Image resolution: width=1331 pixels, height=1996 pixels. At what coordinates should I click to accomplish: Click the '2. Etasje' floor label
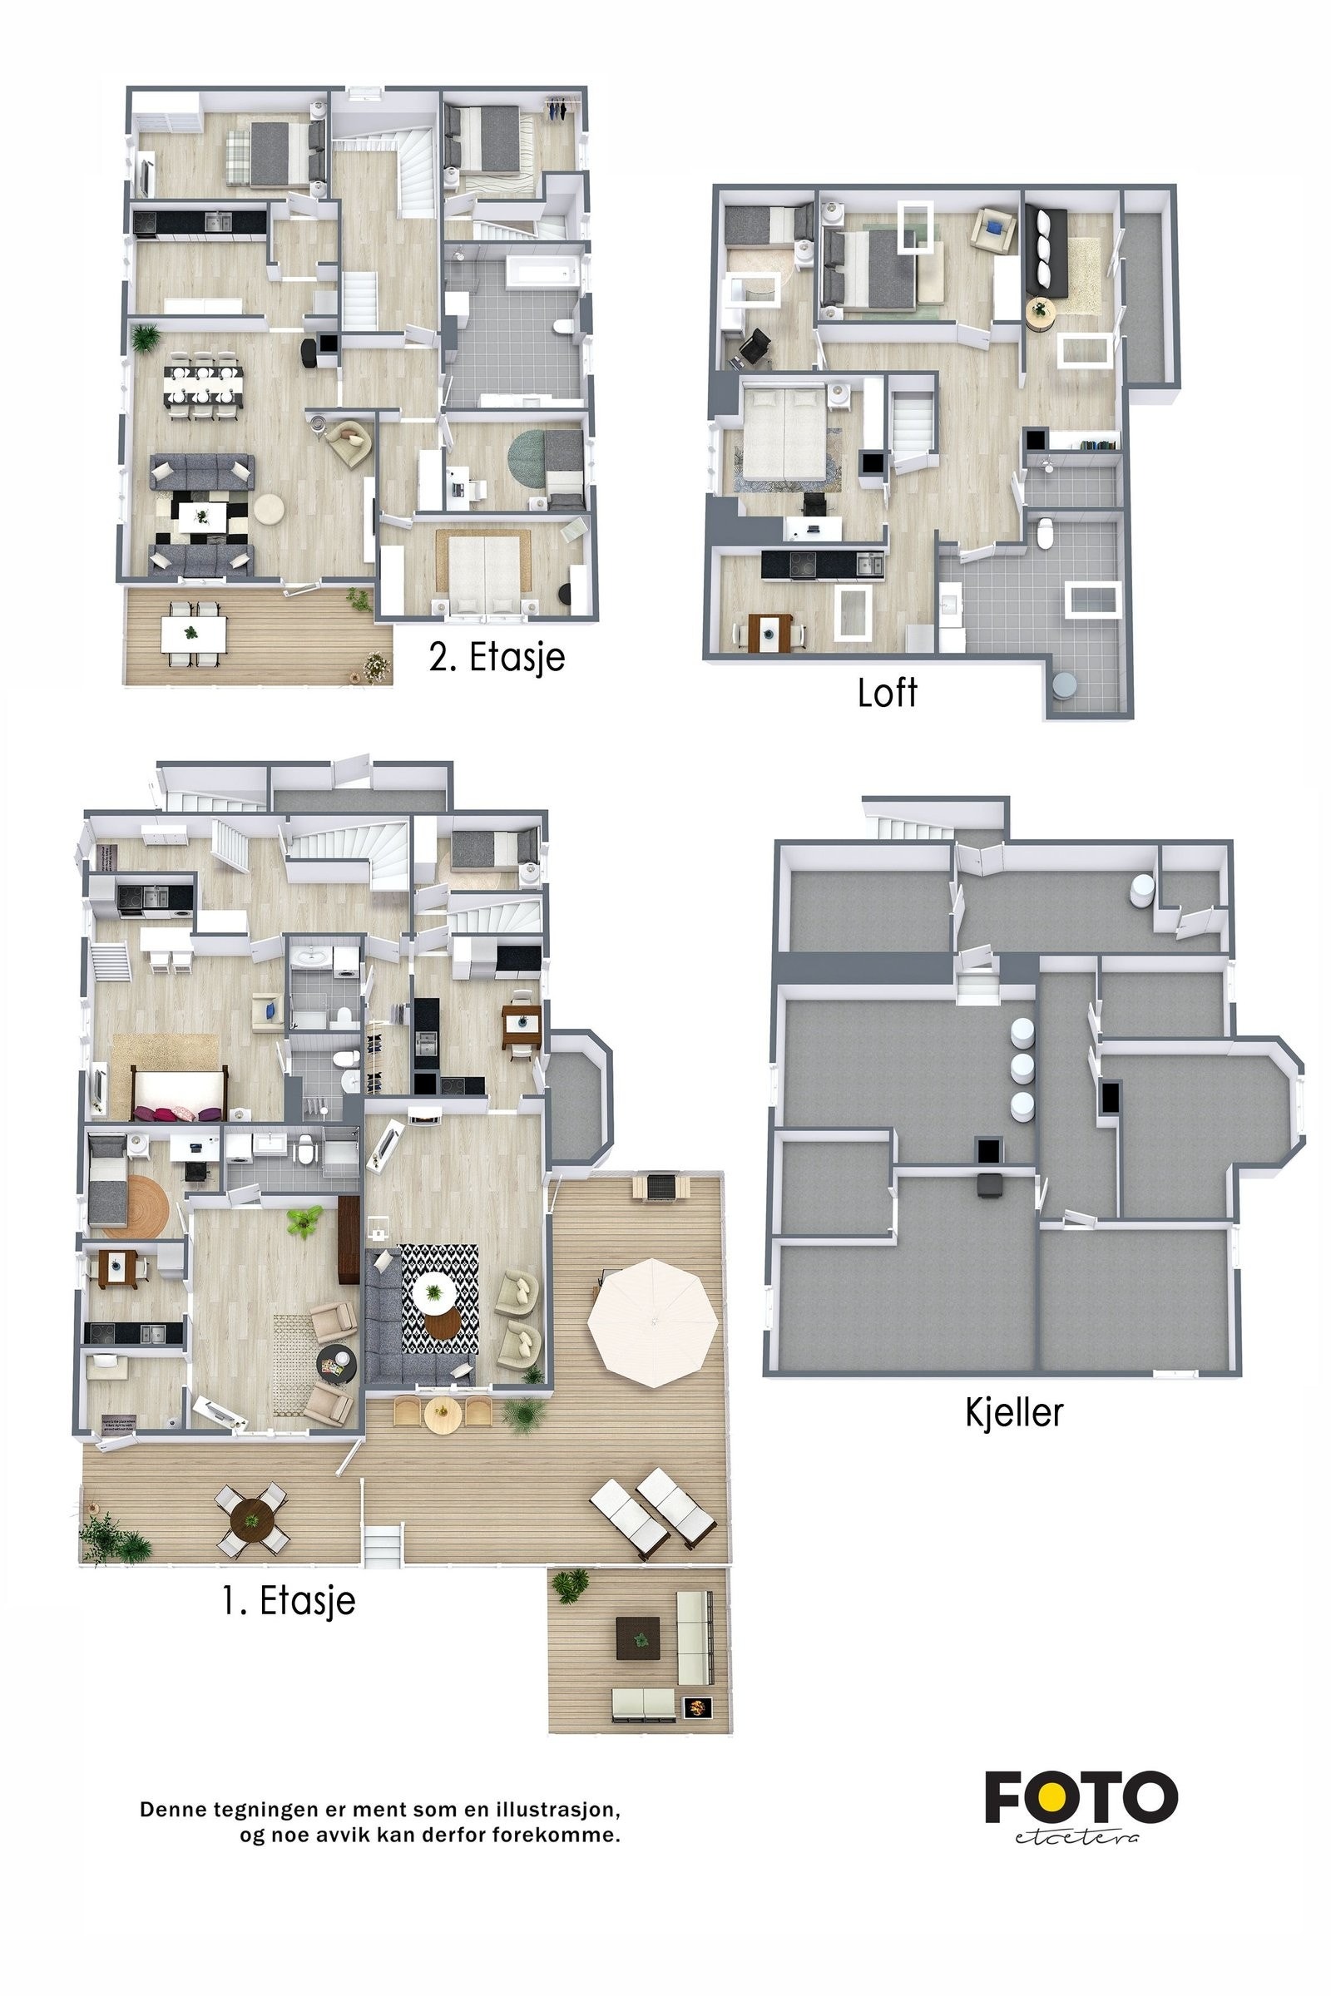[497, 657]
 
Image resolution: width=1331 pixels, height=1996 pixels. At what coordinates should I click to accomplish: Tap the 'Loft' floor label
[887, 693]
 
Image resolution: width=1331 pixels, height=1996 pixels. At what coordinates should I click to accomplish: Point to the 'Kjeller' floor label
[1013, 1412]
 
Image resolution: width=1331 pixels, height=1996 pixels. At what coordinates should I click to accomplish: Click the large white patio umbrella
[652, 1322]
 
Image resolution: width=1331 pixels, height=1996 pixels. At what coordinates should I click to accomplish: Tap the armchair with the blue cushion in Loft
[994, 228]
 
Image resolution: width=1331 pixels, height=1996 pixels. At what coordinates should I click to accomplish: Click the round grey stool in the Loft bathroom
[1064, 684]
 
